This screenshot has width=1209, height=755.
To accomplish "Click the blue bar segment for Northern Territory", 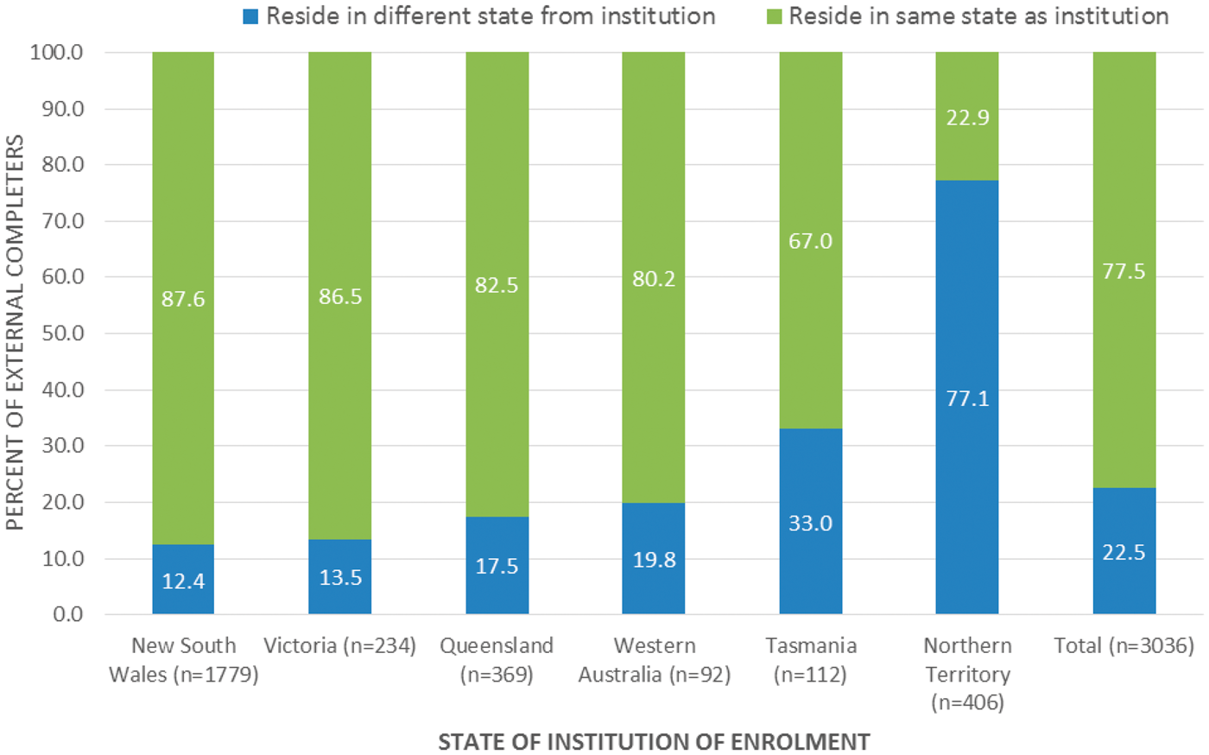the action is click(966, 397).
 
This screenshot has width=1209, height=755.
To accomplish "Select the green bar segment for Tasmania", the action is click(811, 240).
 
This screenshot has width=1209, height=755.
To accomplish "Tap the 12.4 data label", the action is click(183, 581).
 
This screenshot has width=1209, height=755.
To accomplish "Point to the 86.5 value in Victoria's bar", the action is click(340, 296).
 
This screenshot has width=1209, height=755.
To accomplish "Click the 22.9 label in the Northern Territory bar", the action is click(967, 117).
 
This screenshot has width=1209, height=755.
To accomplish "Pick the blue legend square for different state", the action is click(250, 16).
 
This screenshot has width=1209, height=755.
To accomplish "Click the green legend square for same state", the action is click(775, 16).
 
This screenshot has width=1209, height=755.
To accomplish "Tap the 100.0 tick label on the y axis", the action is click(57, 53).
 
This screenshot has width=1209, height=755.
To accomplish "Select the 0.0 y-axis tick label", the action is click(68, 614).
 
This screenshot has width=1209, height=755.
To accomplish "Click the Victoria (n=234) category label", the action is click(340, 645).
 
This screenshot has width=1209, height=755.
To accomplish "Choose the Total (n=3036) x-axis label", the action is click(1124, 645).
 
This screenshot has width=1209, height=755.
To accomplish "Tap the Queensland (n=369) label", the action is click(497, 660).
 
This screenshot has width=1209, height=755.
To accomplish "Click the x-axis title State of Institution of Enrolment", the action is click(655, 742).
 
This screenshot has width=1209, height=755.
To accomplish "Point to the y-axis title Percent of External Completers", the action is click(15, 333).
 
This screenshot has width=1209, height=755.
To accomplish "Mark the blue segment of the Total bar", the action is click(1124, 551).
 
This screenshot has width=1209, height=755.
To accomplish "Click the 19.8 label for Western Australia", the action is click(655, 560).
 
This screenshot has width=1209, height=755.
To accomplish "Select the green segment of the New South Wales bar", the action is click(183, 298).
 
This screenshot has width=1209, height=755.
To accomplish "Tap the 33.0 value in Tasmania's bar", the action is click(811, 523).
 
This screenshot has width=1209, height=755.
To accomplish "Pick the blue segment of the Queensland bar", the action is click(497, 566).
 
